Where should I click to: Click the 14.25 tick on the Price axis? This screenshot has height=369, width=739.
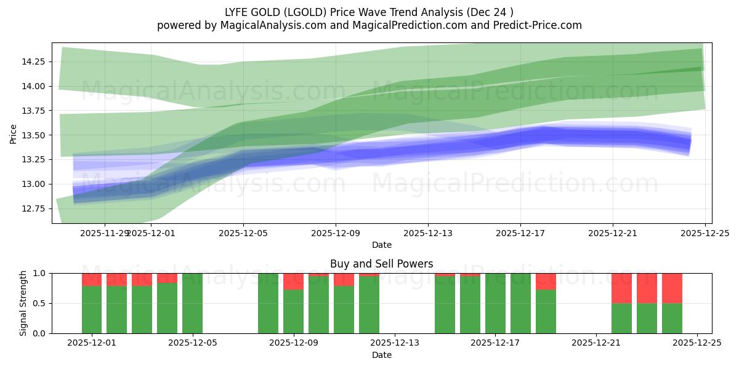coord(33,61)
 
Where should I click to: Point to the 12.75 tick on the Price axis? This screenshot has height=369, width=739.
coord(33,208)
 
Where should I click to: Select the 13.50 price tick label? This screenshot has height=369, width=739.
coord(33,135)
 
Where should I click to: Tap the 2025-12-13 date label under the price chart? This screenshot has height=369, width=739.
coord(428,233)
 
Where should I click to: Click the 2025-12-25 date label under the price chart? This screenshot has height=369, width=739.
coord(705,233)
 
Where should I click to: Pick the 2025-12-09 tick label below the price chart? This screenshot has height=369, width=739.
coord(336,233)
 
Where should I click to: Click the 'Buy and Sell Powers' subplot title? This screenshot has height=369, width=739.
coord(381,264)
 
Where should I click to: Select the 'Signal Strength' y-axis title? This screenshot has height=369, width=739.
coord(23,303)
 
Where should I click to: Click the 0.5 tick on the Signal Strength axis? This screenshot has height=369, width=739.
coord(39,303)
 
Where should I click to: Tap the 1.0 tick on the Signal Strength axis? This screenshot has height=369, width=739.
coord(39,273)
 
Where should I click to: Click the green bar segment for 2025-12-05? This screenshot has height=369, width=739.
coord(192,303)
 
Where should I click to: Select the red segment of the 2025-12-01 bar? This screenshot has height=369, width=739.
coord(92,279)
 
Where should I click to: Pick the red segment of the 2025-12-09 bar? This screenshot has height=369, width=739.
coord(293,281)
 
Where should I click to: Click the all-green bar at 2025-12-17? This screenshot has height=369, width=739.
coord(495,303)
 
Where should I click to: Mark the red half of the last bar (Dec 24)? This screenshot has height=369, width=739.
coord(672,288)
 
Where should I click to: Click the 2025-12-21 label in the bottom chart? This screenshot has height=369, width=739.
coord(596,343)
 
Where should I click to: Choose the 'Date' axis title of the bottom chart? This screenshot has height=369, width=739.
coord(381,355)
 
